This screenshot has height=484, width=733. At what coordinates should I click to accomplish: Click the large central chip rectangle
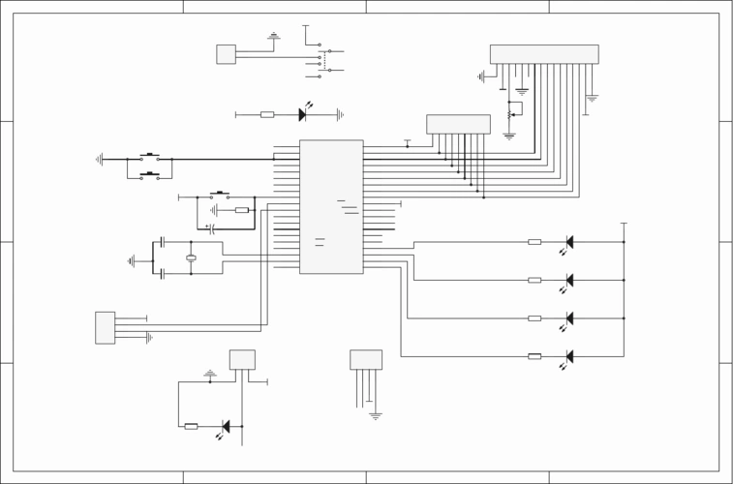[x=331, y=206]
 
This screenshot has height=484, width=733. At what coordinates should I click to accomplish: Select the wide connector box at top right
[x=543, y=54]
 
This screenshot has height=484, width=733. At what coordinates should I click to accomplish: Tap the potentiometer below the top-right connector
[x=509, y=114]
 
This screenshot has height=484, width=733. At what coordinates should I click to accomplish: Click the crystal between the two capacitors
[x=191, y=257]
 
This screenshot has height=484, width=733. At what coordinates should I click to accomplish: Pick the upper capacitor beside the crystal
[x=163, y=241]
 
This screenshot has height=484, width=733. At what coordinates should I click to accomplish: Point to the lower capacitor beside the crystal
[x=163, y=274]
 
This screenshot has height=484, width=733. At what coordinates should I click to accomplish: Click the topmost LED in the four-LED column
[x=569, y=242]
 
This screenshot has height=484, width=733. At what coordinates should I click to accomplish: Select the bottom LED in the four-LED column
[x=569, y=356]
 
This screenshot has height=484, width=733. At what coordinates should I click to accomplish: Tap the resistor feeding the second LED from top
[x=534, y=280]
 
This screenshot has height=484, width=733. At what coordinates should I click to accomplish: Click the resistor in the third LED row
[x=534, y=318]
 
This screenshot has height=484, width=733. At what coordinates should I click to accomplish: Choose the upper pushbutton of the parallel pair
[x=149, y=157]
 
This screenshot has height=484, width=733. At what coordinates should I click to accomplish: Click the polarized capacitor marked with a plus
[x=210, y=228]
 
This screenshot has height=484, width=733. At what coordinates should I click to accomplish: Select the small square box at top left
[x=226, y=54]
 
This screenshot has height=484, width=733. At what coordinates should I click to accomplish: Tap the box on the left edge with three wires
[x=105, y=327]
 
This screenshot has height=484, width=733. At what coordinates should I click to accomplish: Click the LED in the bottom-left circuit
[x=226, y=426]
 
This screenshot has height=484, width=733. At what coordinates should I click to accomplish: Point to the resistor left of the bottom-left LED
[x=191, y=426]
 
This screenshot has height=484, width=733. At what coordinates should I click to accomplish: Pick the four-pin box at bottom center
[x=366, y=359]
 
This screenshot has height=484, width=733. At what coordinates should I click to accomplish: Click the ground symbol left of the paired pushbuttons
[x=99, y=159]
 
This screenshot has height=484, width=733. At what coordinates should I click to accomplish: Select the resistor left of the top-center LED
[x=267, y=114]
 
